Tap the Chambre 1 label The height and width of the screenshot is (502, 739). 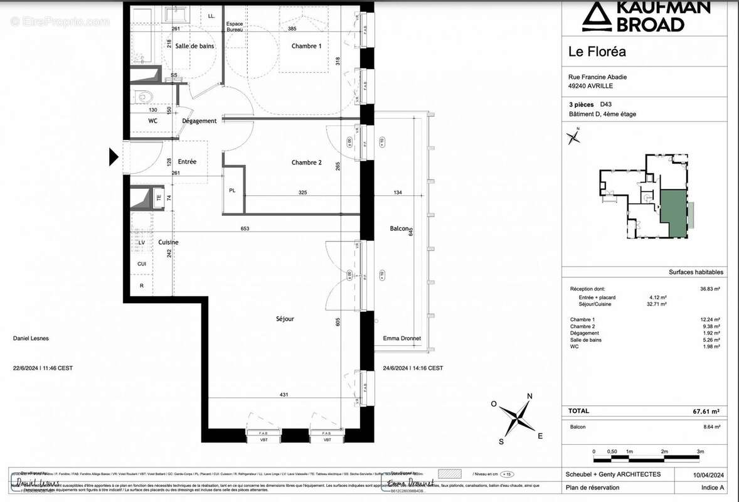(306, 46)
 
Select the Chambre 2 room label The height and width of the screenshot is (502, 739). (306, 163)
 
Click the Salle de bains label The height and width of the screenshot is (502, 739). (195, 46)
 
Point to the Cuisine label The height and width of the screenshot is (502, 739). (168, 242)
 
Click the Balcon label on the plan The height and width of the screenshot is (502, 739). (399, 229)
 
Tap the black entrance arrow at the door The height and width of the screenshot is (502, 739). (114, 156)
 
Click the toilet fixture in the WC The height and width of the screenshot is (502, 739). (145, 97)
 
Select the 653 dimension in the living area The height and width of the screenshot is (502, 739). (245, 228)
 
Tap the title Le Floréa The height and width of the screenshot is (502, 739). (597, 51)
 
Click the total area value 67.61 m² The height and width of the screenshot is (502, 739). (706, 411)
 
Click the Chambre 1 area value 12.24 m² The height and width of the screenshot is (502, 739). (708, 319)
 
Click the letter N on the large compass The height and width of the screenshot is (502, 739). (529, 396)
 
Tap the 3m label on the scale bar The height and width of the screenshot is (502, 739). (700, 452)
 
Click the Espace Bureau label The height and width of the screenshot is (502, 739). (234, 26)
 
